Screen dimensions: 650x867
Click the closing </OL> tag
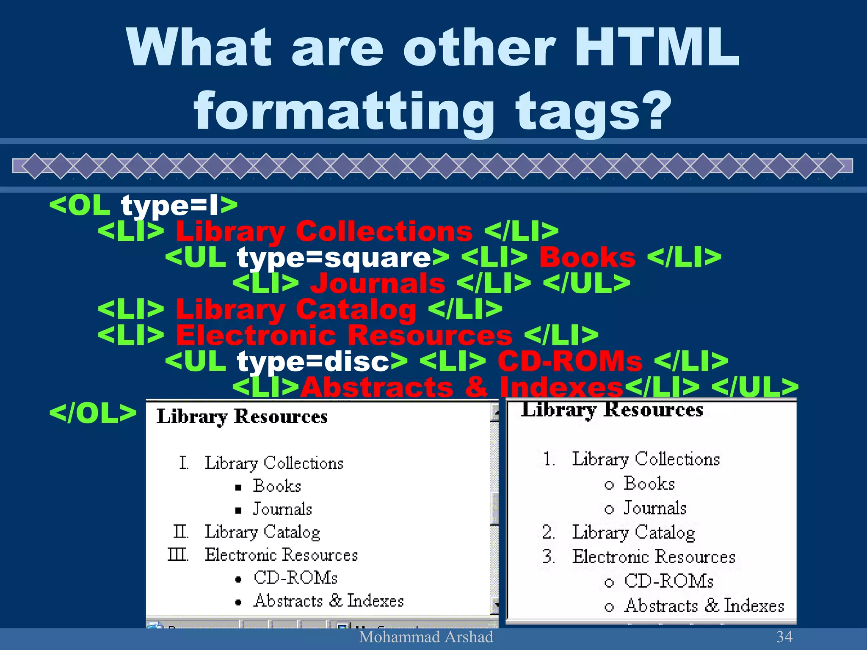tap(93, 413)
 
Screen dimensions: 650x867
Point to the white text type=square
tap(334, 258)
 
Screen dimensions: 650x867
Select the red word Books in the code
tap(587, 258)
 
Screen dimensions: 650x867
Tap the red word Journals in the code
tap(378, 284)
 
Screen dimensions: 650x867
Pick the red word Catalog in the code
tap(356, 310)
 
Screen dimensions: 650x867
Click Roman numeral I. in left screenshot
tap(183, 463)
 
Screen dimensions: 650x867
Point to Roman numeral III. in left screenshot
tap(178, 554)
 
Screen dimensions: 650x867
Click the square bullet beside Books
tap(239, 487)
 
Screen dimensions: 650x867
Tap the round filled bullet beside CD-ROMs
tap(239, 579)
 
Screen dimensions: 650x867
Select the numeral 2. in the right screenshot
tap(549, 532)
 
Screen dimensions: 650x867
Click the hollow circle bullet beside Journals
tap(609, 509)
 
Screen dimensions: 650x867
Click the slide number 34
tap(784, 637)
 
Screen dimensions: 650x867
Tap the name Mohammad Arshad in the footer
tap(426, 637)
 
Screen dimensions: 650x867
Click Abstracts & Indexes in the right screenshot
tap(704, 606)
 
